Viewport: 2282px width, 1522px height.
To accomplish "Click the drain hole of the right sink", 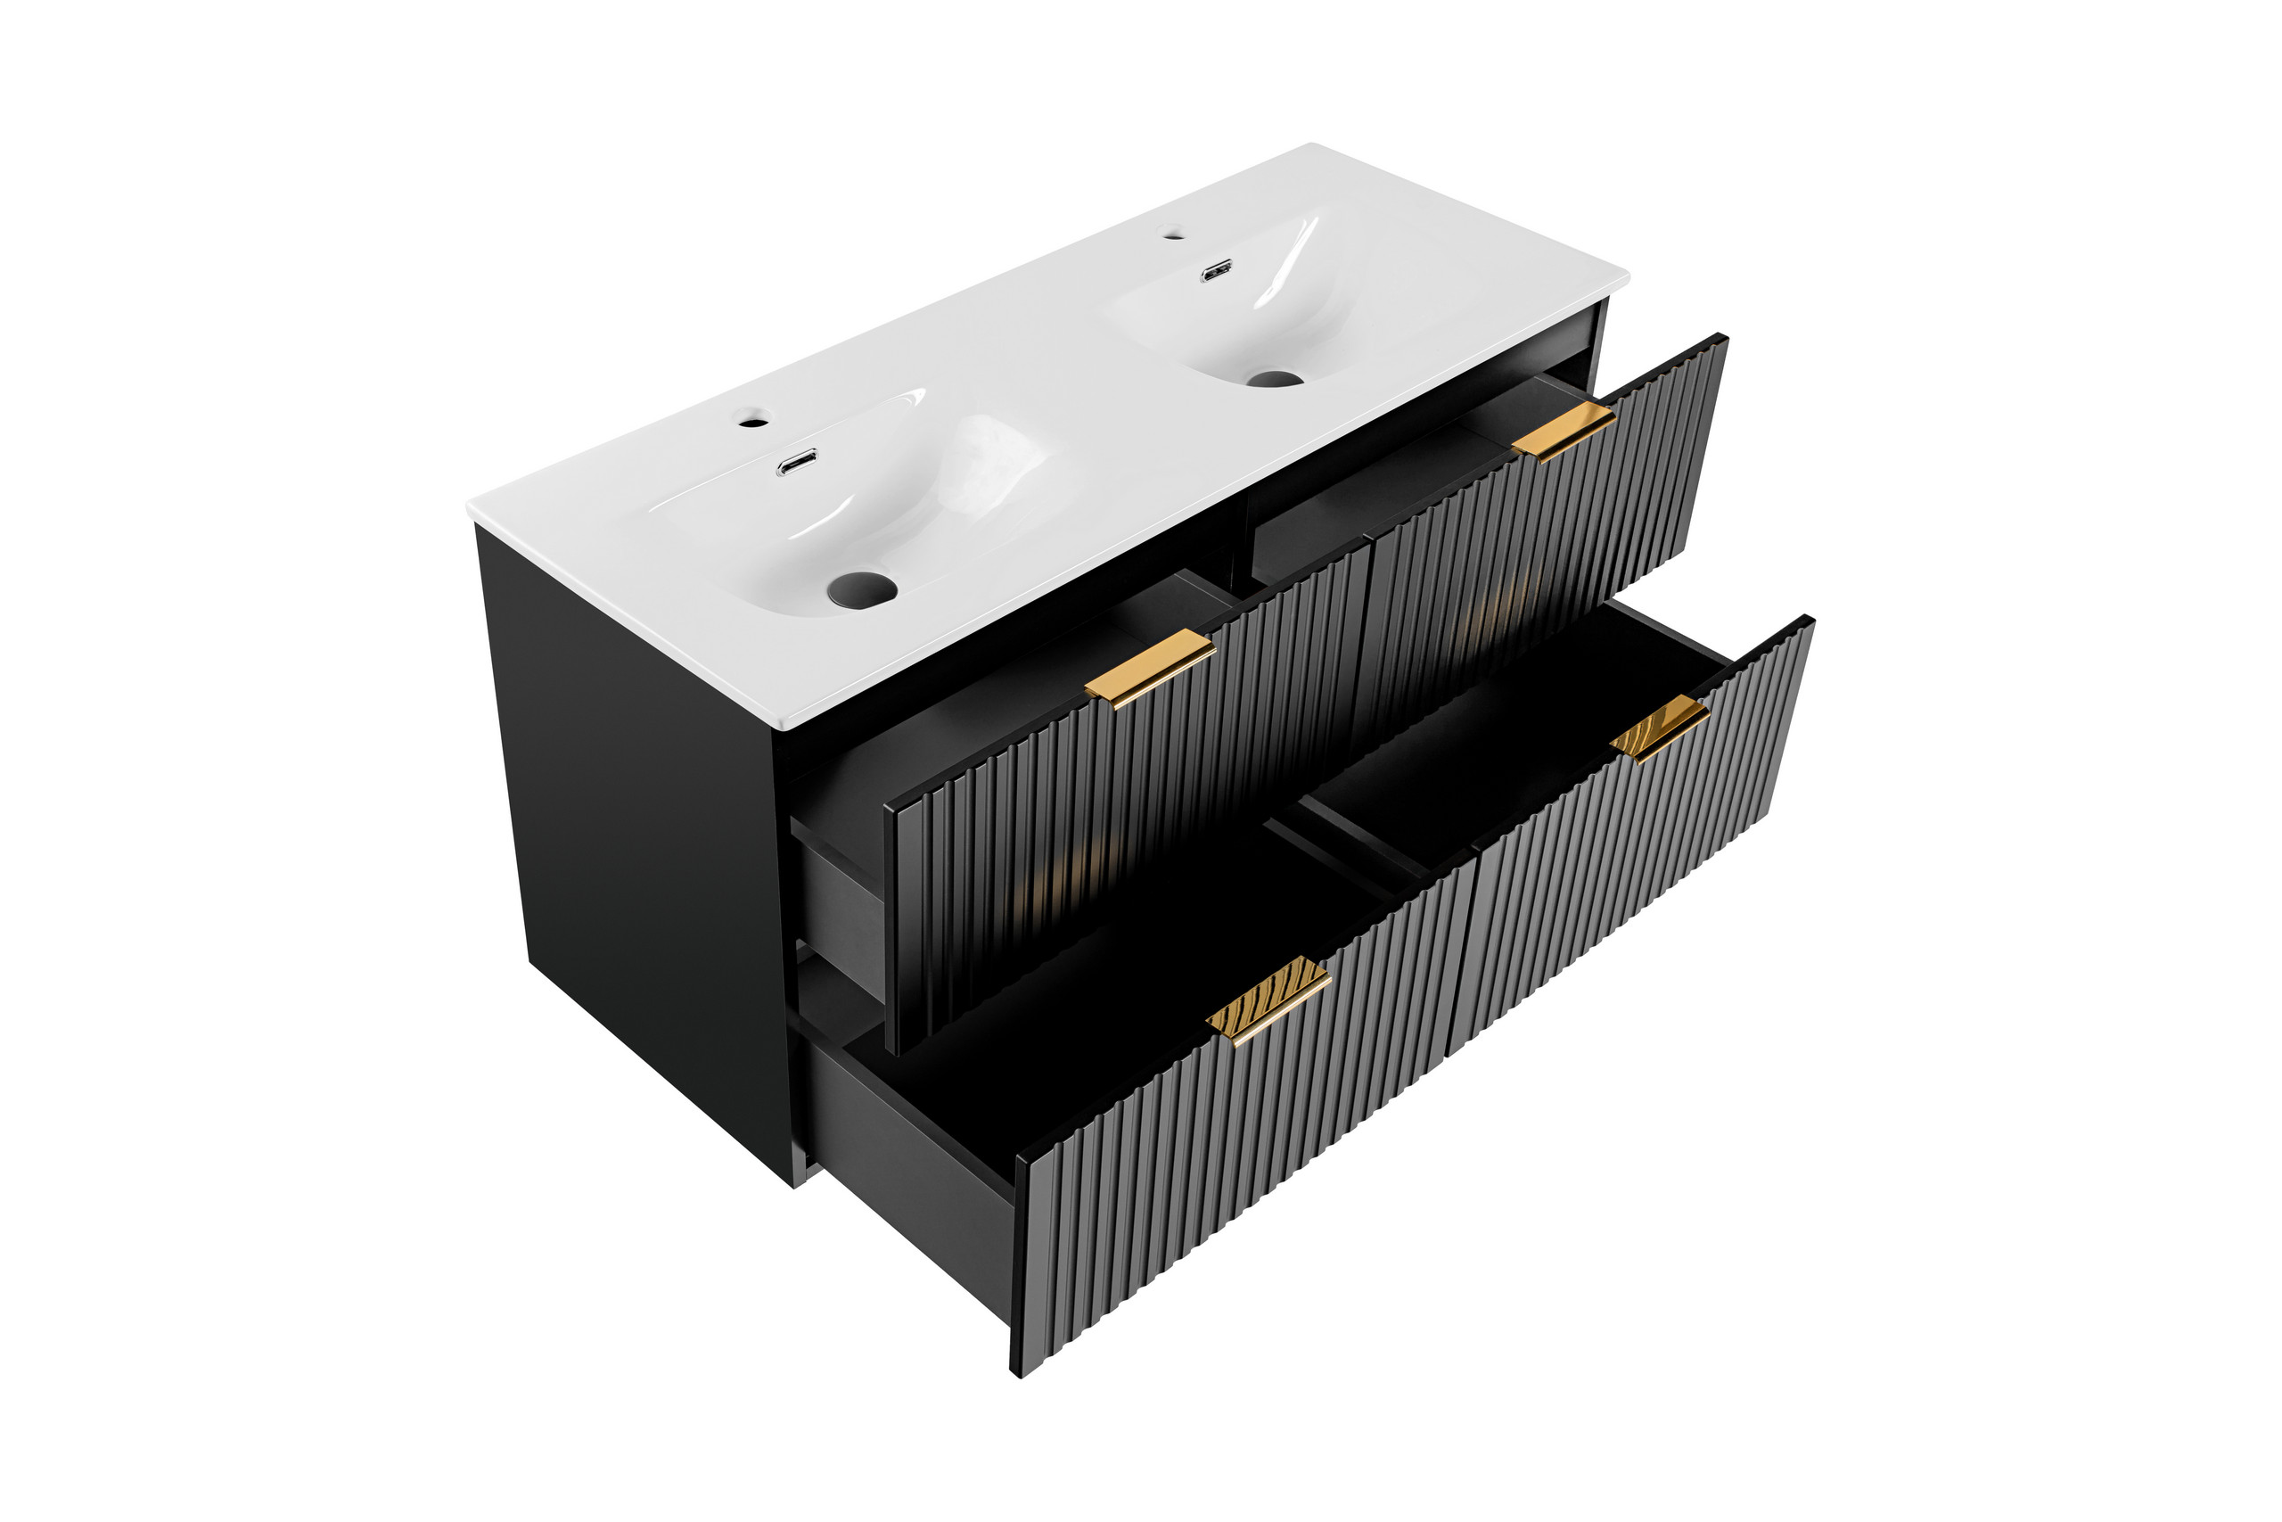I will pyautogui.click(x=1273, y=379).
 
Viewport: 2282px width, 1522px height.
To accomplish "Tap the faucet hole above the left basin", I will pyautogui.click(x=752, y=423).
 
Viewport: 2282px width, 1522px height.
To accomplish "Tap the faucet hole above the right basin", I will pyautogui.click(x=1172, y=233).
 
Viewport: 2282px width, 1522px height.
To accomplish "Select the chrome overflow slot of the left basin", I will pyautogui.click(x=797, y=463).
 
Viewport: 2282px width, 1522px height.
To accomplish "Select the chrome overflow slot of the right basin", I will pyautogui.click(x=1217, y=272).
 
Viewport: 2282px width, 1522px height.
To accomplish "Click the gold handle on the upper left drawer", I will pyautogui.click(x=1150, y=668).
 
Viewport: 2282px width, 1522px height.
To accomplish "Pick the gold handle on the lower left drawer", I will pyautogui.click(x=1268, y=1000).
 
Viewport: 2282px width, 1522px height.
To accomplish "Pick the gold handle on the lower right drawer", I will pyautogui.click(x=1659, y=727).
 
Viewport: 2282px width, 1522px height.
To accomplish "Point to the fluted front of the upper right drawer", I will pyautogui.click(x=1543, y=544).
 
